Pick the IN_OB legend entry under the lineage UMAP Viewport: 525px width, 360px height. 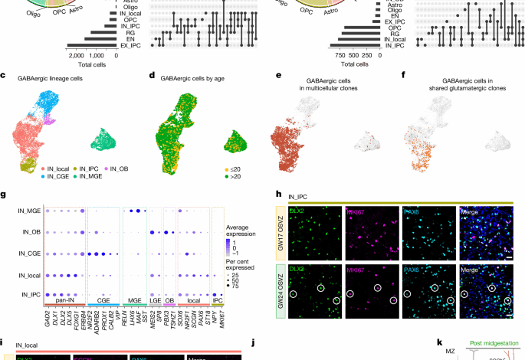[x=120, y=169]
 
